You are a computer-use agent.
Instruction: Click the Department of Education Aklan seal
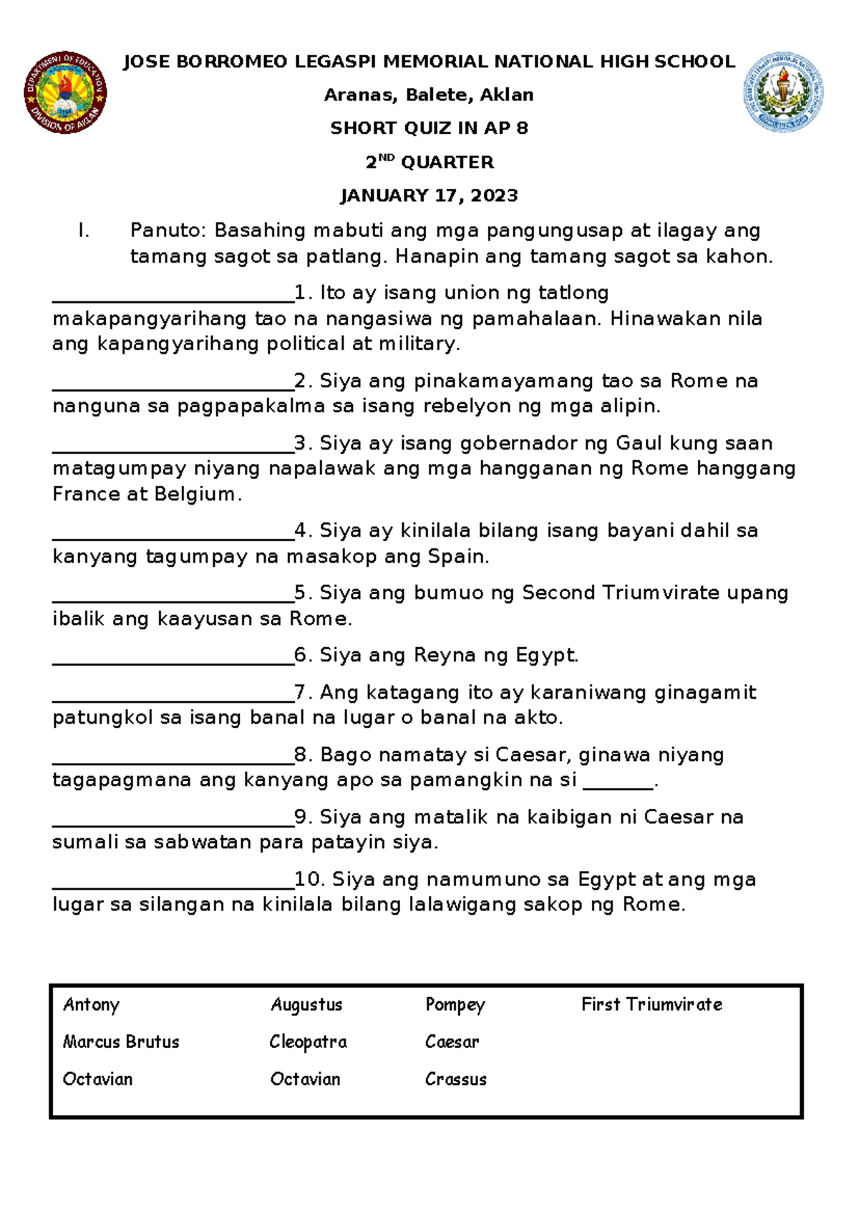66,93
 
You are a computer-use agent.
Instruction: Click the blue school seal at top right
783,92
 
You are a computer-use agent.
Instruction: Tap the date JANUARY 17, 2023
429,195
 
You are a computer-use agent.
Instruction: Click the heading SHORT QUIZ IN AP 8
429,128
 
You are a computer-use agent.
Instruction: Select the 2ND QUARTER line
429,162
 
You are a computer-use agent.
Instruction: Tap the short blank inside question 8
618,785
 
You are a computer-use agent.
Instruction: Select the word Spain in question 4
455,556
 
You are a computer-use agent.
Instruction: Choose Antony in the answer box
91,1005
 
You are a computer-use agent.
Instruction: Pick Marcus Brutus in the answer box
121,1042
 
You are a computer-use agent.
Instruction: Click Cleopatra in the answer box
308,1042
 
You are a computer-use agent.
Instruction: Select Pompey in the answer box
455,1005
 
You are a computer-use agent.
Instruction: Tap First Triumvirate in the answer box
651,1005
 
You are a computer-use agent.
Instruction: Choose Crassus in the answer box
456,1079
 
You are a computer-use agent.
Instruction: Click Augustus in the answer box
306,1005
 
